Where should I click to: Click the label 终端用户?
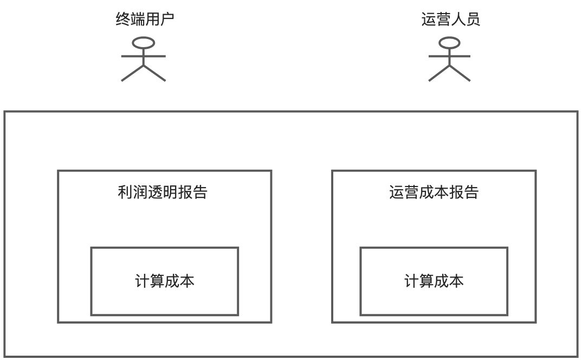click(x=145, y=20)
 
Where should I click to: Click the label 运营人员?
click(x=450, y=20)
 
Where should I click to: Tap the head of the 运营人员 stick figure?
click(x=450, y=42)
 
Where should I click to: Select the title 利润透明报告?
click(x=163, y=192)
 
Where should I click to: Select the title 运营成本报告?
click(x=434, y=192)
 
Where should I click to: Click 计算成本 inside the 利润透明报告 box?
click(x=164, y=281)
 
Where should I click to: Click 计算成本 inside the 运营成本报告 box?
click(x=434, y=281)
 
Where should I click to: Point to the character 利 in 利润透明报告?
click(x=125, y=192)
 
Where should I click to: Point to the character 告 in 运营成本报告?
click(x=471, y=192)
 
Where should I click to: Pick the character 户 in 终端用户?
click(x=167, y=20)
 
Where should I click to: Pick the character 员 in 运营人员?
click(x=473, y=20)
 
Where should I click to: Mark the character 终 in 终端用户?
click(x=123, y=20)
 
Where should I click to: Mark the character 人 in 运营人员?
click(x=458, y=20)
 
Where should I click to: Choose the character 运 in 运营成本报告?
click(x=397, y=192)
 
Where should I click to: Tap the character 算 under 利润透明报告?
click(x=157, y=281)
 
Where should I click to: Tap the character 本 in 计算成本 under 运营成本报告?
click(x=456, y=281)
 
